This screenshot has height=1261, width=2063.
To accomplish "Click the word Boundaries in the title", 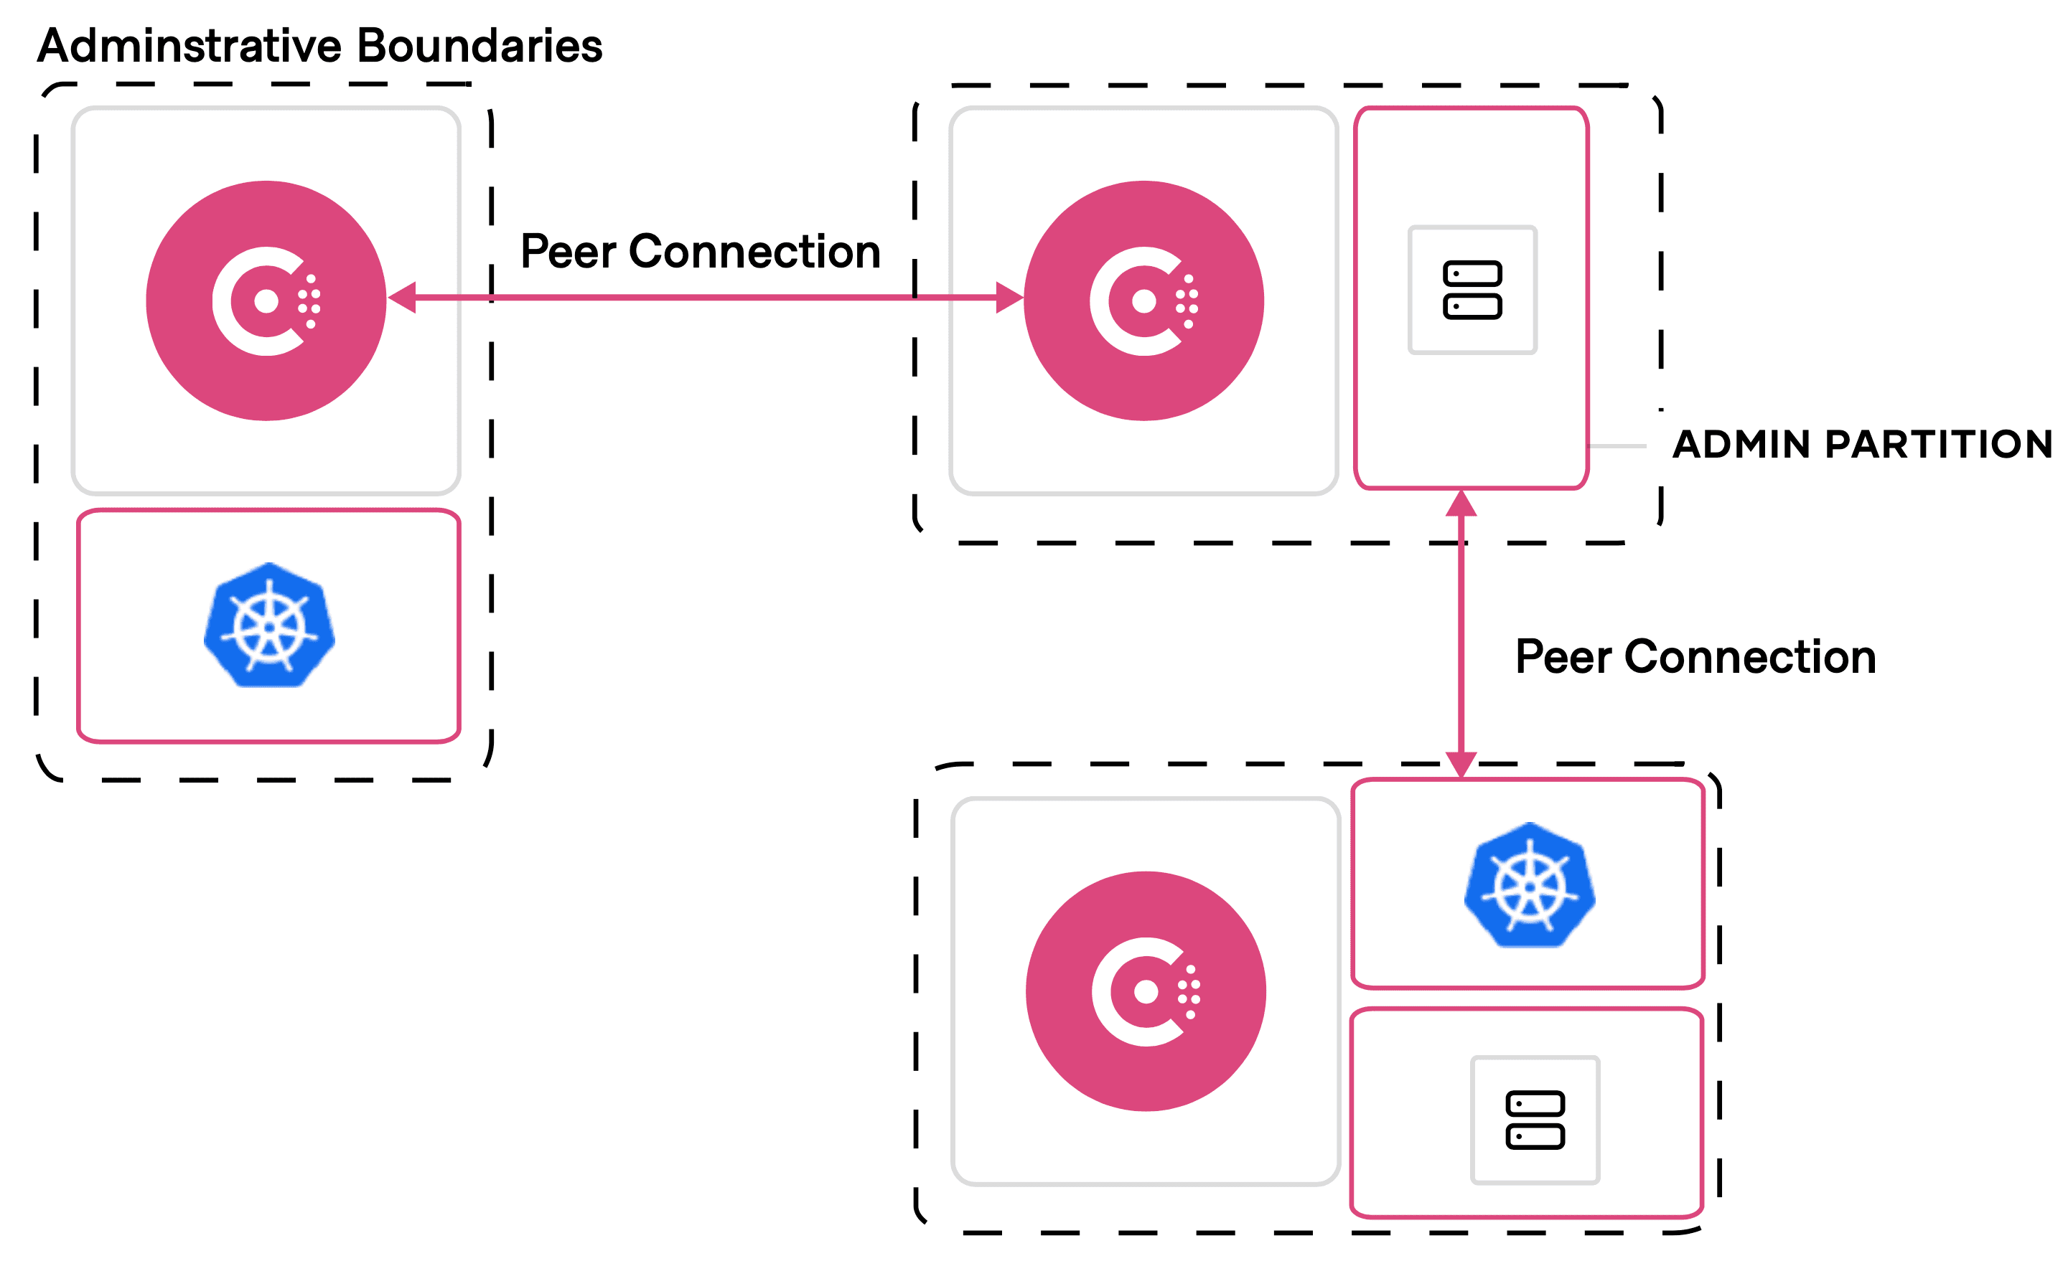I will coord(479,45).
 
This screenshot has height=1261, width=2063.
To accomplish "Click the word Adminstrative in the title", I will coord(191,45).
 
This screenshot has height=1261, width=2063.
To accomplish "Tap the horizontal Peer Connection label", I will coord(700,251).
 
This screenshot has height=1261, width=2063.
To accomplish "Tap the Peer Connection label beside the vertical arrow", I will coord(1695,656).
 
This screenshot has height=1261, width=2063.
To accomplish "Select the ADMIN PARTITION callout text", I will coord(1862,444).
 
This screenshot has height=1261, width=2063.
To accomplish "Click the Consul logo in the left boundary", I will coord(266,301).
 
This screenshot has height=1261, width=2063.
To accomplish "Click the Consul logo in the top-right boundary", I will coord(1143,301).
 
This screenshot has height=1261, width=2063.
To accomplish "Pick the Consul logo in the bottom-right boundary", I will coord(1146,991).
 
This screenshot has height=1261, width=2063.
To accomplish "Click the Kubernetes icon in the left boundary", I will coord(268,626).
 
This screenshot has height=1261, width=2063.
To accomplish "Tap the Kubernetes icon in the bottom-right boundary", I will coord(1530,884).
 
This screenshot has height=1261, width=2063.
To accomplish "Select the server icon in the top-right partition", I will coord(1472,290).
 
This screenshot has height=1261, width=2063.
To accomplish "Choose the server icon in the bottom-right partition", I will coord(1535,1120).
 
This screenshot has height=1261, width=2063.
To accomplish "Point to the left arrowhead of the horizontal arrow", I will coord(403,297).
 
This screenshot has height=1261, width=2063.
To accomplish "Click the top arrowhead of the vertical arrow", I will coord(1461,503).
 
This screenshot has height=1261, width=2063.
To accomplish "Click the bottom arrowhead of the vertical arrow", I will coord(1461,764).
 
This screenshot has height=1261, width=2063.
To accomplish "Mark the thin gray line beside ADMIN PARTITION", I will coord(1617,446).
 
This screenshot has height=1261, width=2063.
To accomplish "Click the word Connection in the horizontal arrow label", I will coord(754,251).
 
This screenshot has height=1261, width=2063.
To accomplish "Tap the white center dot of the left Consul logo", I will coord(266,301).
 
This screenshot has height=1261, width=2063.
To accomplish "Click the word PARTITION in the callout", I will coord(1938,444).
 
